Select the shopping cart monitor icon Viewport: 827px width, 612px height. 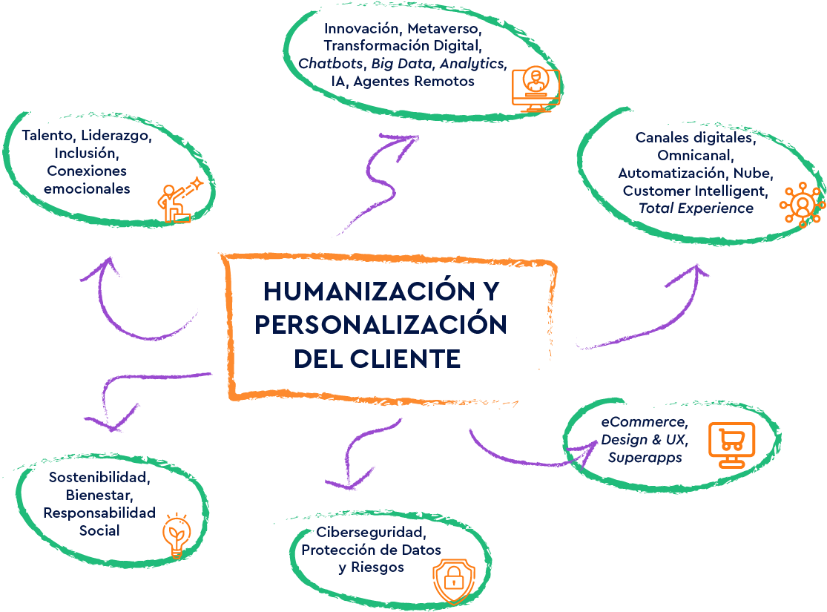[731, 444]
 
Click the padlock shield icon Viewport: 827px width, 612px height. [452, 582]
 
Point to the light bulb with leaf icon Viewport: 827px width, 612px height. [177, 536]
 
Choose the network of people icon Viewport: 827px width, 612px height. [802, 204]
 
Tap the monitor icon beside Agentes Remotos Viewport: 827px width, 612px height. [536, 89]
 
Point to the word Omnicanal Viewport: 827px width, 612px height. [694, 155]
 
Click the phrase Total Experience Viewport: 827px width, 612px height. [695, 208]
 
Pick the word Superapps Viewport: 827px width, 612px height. [645, 458]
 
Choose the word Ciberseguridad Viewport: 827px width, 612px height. [371, 532]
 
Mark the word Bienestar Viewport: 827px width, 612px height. [99, 495]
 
